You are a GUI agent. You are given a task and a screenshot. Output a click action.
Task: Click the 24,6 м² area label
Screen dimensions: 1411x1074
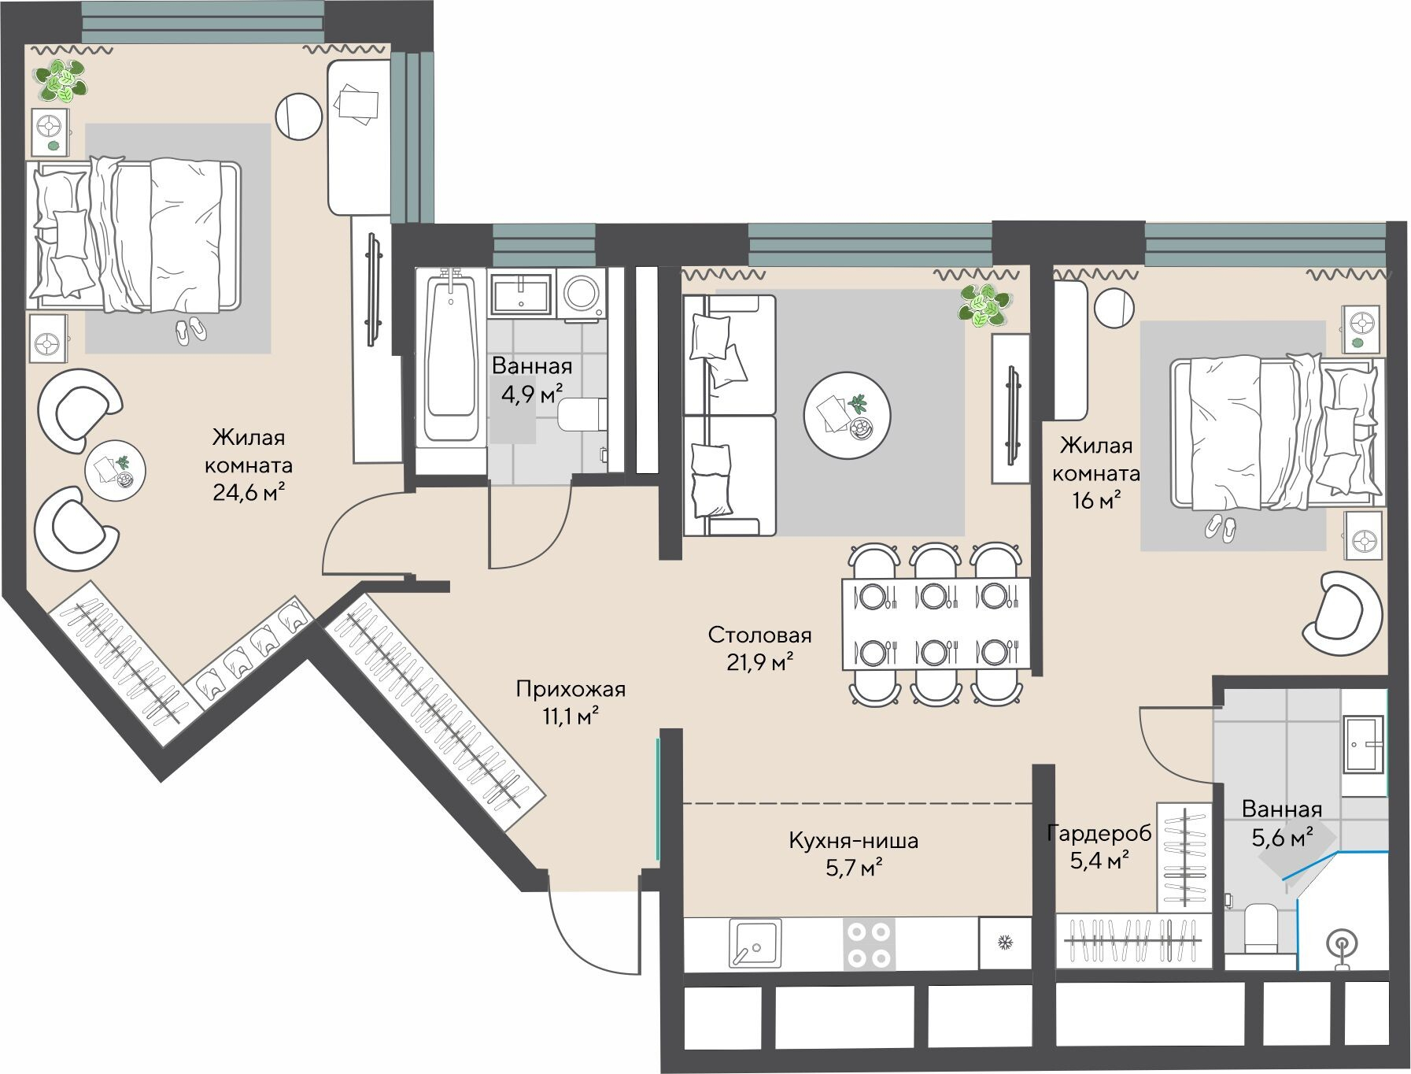tap(248, 493)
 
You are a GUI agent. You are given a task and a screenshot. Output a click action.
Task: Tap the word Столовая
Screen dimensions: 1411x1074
tap(759, 635)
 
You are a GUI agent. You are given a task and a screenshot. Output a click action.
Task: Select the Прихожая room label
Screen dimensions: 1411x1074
tap(571, 690)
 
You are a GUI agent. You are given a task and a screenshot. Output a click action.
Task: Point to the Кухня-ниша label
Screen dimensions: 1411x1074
tap(853, 840)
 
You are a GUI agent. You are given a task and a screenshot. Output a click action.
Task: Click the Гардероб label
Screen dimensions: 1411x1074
tap(1099, 833)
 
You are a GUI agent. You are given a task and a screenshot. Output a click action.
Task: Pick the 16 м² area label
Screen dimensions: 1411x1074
tap(1097, 500)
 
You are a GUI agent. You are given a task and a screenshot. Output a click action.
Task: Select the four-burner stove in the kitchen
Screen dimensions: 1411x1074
tap(869, 944)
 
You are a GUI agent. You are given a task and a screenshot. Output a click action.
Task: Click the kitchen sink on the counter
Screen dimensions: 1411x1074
tap(755, 943)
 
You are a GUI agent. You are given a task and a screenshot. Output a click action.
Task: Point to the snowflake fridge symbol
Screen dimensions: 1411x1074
tap(1004, 942)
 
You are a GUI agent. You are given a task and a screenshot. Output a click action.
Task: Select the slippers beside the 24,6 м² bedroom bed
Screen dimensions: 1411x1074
tap(190, 330)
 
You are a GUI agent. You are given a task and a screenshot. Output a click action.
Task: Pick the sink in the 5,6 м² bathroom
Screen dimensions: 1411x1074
tap(1364, 743)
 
